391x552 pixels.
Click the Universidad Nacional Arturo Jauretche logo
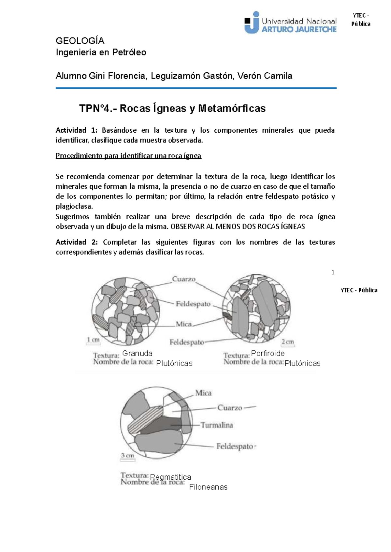click(x=290, y=23)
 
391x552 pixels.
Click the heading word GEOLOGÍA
click(x=80, y=41)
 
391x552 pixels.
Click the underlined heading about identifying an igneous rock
click(x=128, y=156)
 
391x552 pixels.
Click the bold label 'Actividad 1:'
click(x=77, y=130)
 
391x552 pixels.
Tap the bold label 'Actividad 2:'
click(x=77, y=242)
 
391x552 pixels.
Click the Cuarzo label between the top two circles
click(x=184, y=279)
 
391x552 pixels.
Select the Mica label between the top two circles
click(x=184, y=324)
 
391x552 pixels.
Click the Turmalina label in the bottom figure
click(x=217, y=425)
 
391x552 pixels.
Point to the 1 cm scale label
click(x=93, y=340)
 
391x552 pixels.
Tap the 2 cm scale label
click(x=288, y=341)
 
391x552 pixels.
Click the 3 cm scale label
click(x=127, y=455)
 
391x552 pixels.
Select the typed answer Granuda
click(x=137, y=354)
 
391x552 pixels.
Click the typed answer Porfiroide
click(x=268, y=354)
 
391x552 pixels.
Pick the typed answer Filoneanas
click(x=208, y=487)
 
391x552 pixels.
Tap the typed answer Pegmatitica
click(x=171, y=478)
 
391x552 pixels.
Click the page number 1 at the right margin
click(x=333, y=272)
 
